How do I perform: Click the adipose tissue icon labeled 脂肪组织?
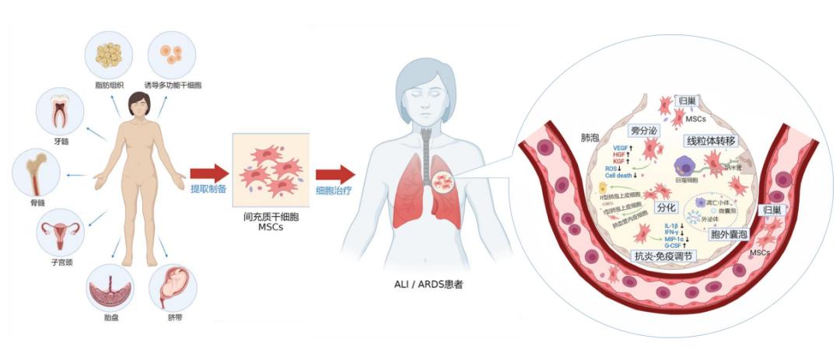coord(109,54)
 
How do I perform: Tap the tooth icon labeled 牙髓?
coord(59,110)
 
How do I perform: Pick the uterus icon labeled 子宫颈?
coord(60,232)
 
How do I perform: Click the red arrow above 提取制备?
coord(209,173)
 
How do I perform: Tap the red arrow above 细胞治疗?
coord(335,173)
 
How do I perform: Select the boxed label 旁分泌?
coord(643,131)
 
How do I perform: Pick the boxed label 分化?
coord(667,208)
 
